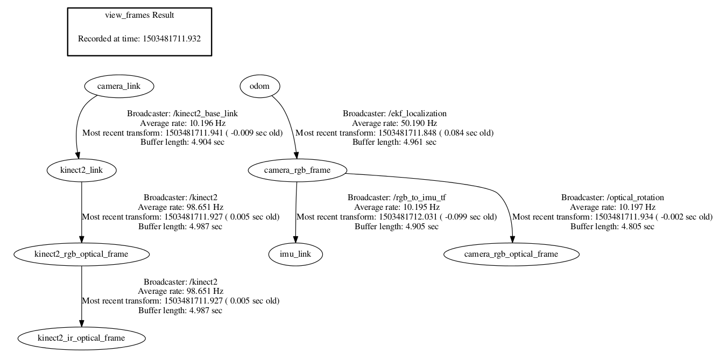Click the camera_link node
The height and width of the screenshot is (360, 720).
pos(119,86)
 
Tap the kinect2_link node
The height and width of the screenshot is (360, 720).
pos(81,170)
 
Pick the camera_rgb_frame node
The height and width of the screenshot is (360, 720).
pos(297,170)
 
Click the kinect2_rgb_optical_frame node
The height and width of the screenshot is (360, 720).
pos(81,254)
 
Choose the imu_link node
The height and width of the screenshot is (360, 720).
pos(295,254)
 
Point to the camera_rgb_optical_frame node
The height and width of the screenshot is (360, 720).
pos(512,254)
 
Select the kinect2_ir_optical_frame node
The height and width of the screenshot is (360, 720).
pos(81,338)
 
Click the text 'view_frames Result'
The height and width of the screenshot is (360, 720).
pos(139,15)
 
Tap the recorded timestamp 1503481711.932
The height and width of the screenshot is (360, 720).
pos(172,39)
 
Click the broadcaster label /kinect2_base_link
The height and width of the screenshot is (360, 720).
pos(207,114)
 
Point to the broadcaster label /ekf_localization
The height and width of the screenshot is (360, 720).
pos(418,114)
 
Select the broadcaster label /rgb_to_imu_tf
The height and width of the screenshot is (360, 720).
pos(420,197)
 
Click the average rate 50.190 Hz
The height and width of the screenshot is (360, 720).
pos(417,123)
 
